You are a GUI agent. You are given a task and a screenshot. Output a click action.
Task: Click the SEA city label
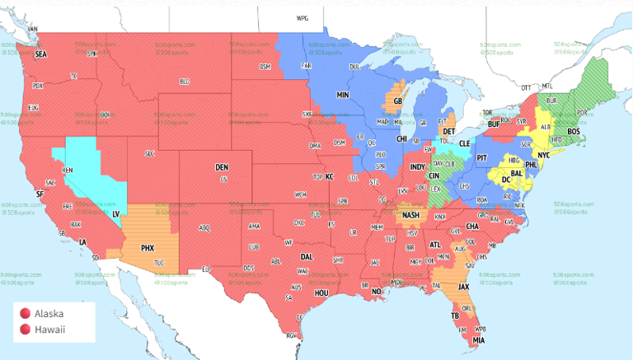pyautogui.click(x=40, y=54)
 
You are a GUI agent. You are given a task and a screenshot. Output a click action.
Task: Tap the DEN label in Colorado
pyautogui.click(x=222, y=167)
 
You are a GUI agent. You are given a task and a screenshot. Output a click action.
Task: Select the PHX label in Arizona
pyautogui.click(x=148, y=247)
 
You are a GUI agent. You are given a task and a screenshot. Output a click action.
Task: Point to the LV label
pyautogui.click(x=115, y=213)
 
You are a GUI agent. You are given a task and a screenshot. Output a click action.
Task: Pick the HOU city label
pyautogui.click(x=322, y=292)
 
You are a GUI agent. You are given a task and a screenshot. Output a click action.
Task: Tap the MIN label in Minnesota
pyautogui.click(x=343, y=96)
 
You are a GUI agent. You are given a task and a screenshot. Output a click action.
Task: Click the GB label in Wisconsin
pyautogui.click(x=397, y=102)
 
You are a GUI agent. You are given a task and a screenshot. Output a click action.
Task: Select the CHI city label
pyautogui.click(x=401, y=139)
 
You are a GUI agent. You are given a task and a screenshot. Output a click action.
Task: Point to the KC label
pyautogui.click(x=329, y=176)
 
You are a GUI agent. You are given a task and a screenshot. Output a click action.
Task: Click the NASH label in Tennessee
pyautogui.click(x=411, y=215)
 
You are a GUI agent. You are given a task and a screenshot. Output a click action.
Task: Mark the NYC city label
pyautogui.click(x=544, y=155)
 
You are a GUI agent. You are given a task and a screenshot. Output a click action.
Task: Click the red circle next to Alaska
pyautogui.click(x=26, y=313)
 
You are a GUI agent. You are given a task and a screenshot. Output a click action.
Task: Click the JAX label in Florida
pyautogui.click(x=464, y=286)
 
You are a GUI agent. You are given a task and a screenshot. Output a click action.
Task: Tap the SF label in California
pyautogui.click(x=39, y=194)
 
